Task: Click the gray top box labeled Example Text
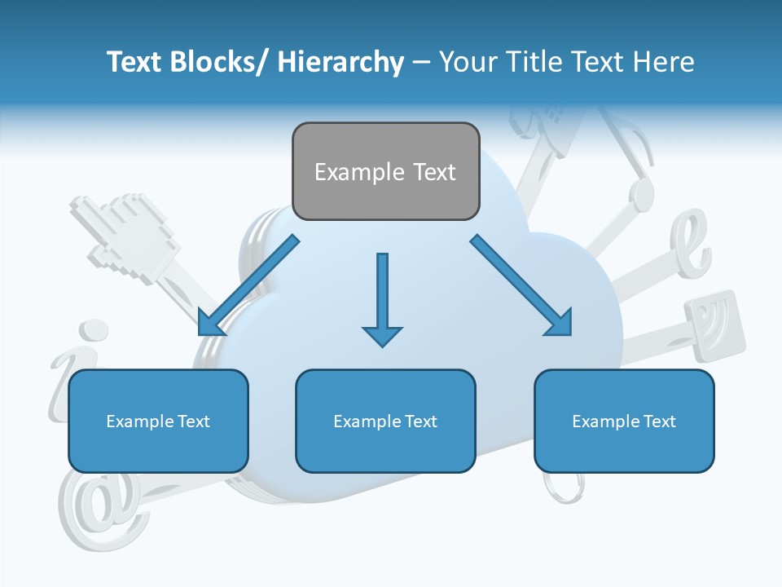[385, 171]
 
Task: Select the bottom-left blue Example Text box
[158, 421]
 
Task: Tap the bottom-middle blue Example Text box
[385, 421]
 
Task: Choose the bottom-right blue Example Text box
[624, 421]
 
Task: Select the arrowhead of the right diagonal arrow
[560, 324]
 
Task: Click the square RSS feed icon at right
[715, 326]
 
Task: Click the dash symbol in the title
[421, 63]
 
